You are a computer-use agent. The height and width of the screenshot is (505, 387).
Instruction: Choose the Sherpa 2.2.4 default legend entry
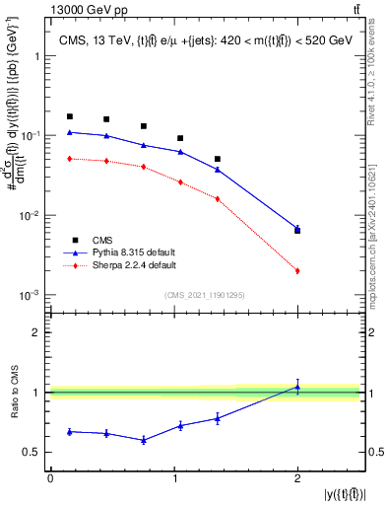(121, 266)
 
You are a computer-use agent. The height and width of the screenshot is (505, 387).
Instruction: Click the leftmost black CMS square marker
(69, 116)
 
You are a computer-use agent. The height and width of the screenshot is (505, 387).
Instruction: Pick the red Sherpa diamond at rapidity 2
(297, 270)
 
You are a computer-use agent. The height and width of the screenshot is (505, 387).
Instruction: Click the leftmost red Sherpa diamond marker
(69, 158)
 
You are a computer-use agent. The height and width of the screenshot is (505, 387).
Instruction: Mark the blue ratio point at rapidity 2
(297, 387)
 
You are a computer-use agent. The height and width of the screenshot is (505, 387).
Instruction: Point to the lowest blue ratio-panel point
(144, 440)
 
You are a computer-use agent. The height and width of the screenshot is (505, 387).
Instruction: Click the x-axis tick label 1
(173, 478)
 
